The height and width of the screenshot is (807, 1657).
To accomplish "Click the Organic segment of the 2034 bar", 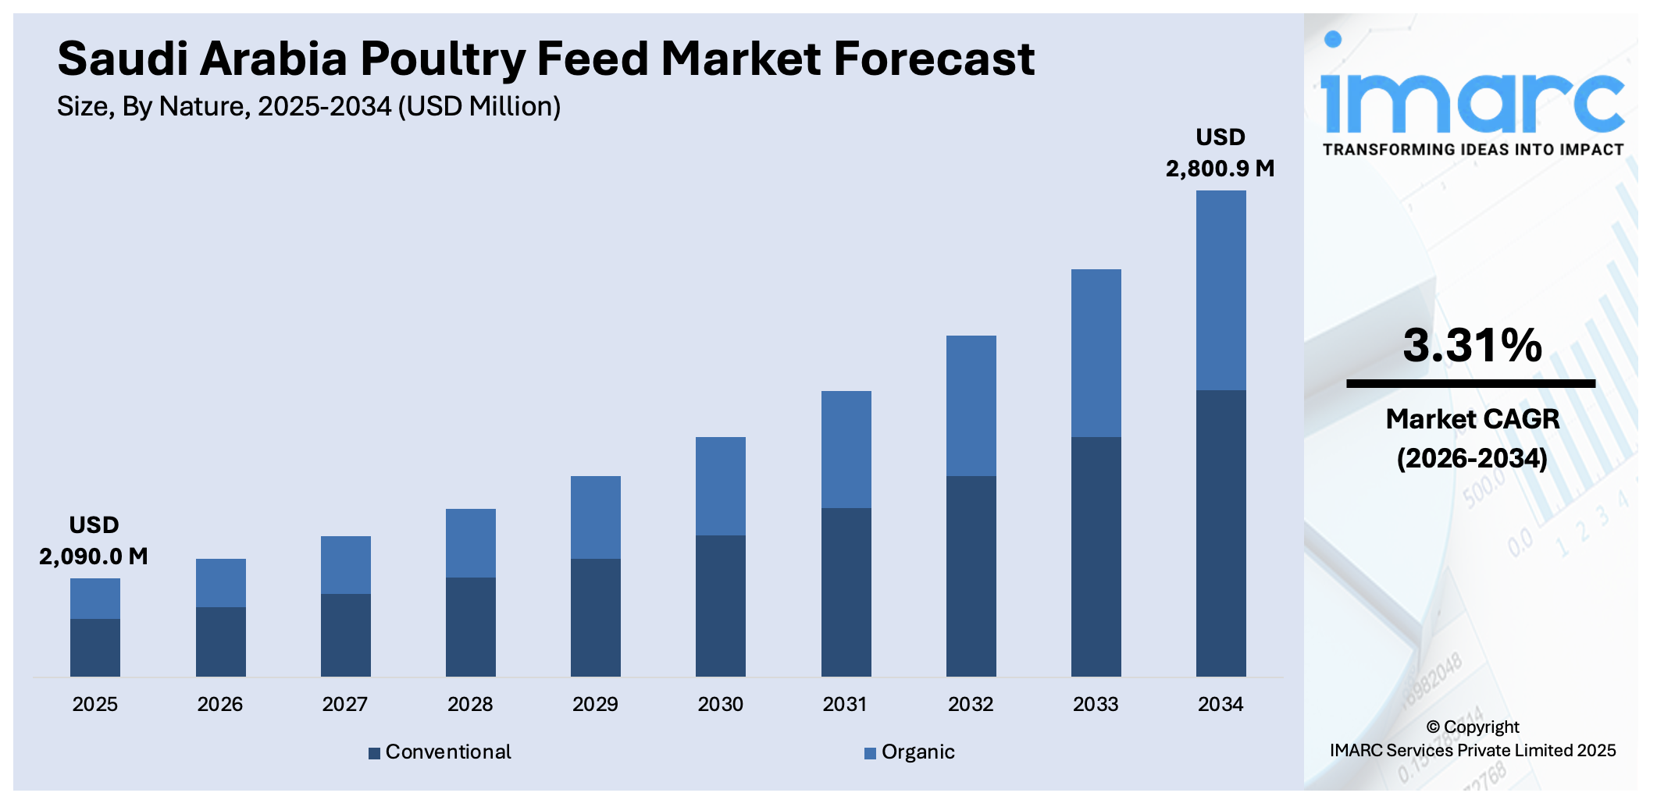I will pos(1220,290).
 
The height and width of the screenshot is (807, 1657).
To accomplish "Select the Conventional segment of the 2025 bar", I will pos(95,647).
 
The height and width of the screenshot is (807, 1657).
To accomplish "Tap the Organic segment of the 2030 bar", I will pos(720,485).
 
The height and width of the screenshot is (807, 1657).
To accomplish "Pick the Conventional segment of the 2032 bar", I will pos(971,575).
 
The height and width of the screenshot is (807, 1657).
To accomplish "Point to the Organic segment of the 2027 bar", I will pos(345,564).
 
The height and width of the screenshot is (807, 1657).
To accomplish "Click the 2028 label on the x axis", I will pos(470,704).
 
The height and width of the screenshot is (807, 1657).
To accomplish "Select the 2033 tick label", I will pos(1096,704).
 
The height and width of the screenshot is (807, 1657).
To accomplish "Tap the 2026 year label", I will pos(220,704).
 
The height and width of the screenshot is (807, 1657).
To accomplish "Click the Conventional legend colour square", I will pos(374,753).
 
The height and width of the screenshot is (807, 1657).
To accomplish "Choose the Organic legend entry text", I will pos(918,752).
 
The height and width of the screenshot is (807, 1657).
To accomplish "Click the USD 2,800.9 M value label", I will pos(1220,153).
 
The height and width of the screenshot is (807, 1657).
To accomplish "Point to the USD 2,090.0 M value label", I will pos(94,541).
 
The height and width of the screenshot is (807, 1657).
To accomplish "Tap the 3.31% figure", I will pos(1472,345).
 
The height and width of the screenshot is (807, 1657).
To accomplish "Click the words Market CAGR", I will pos(1472,419).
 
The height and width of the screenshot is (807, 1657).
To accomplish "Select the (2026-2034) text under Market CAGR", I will pos(1472,458).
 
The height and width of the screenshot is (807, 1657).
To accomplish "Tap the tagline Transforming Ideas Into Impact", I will pos(1473,150).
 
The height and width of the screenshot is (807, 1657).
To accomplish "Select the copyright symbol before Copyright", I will pos(1433,727).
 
